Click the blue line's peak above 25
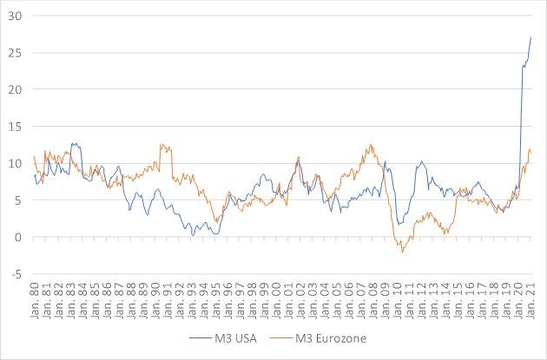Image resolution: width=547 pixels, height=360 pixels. coord(531,36)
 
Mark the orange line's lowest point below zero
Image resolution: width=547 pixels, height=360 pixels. coord(403,252)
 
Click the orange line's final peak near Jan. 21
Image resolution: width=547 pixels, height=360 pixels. coord(530,150)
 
